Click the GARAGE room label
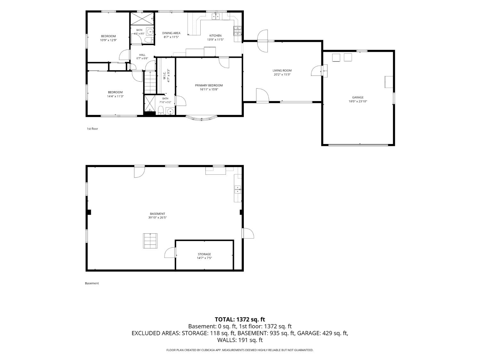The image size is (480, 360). click(x=358, y=97)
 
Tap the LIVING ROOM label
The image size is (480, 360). click(x=282, y=70)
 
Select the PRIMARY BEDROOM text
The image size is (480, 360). click(x=209, y=85)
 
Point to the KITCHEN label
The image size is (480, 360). click(x=215, y=36)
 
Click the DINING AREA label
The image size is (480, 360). click(x=171, y=33)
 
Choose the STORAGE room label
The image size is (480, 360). click(x=204, y=254)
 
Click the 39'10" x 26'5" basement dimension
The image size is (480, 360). click(x=157, y=218)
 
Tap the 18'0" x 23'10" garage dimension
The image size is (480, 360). click(x=358, y=101)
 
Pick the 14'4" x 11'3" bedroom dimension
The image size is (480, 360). click(x=115, y=96)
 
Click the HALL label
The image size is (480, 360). click(x=142, y=55)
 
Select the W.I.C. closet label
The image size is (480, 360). click(x=164, y=76)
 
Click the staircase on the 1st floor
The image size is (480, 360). click(x=150, y=83)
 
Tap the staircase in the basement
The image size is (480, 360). click(x=150, y=241)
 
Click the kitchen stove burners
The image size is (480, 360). click(x=237, y=31)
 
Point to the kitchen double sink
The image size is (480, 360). click(x=216, y=16)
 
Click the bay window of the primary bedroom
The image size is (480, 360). click(x=201, y=118)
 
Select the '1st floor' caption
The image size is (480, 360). click(x=92, y=129)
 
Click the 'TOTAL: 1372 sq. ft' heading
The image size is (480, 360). click(x=240, y=319)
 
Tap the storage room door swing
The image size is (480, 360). click(x=170, y=253)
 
